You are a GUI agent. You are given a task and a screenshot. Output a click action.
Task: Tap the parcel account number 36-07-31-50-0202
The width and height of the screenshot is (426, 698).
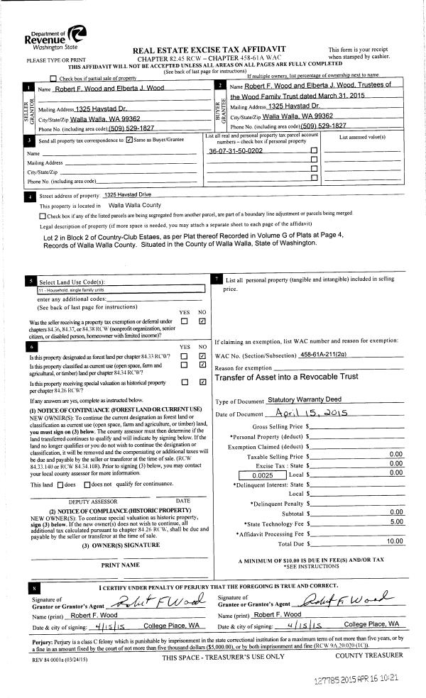click(x=235, y=151)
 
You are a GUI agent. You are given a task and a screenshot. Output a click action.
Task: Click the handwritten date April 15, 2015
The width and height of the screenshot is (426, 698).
click(x=319, y=414)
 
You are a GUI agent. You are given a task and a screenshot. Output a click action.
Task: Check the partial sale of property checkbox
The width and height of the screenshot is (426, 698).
click(x=54, y=77)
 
